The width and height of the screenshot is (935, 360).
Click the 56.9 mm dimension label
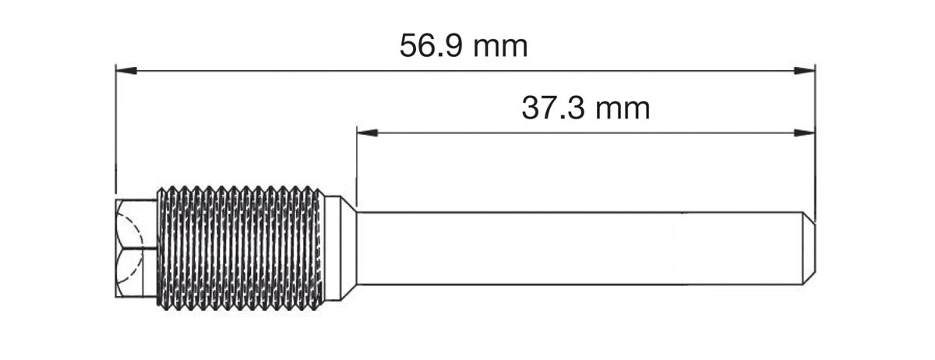[464, 46]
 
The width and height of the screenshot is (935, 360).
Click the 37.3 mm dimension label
[586, 108]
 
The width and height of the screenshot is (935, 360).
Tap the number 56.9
[431, 46]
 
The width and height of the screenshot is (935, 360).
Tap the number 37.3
[553, 108]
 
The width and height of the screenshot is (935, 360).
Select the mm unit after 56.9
[501, 48]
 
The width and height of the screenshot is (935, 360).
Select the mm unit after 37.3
[623, 111]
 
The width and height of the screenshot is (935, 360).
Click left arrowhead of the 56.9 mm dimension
[126, 71]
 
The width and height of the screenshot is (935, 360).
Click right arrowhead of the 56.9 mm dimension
[805, 71]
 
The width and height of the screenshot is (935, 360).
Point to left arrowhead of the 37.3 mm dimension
[367, 132]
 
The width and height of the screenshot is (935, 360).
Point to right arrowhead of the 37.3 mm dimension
[805, 132]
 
